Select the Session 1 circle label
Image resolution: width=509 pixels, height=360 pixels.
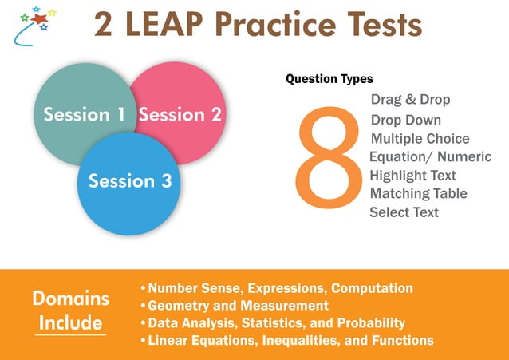coord(84,115)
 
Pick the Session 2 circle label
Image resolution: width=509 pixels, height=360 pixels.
coord(180,115)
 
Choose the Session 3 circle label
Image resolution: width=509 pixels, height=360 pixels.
coord(130,181)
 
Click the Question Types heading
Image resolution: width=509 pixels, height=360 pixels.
coord(329,79)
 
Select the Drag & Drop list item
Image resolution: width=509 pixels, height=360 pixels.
coord(410,100)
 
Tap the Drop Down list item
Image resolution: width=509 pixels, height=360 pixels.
coord(405,120)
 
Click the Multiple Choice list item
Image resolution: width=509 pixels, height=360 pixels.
coord(420,139)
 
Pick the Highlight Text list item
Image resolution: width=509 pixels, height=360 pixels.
coord(412,175)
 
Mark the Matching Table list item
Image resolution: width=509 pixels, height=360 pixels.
coord(418,193)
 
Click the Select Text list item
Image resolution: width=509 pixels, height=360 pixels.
coord(404,212)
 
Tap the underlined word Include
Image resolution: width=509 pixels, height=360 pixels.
coord(71,323)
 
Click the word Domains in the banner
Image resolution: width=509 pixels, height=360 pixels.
coord(71,299)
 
